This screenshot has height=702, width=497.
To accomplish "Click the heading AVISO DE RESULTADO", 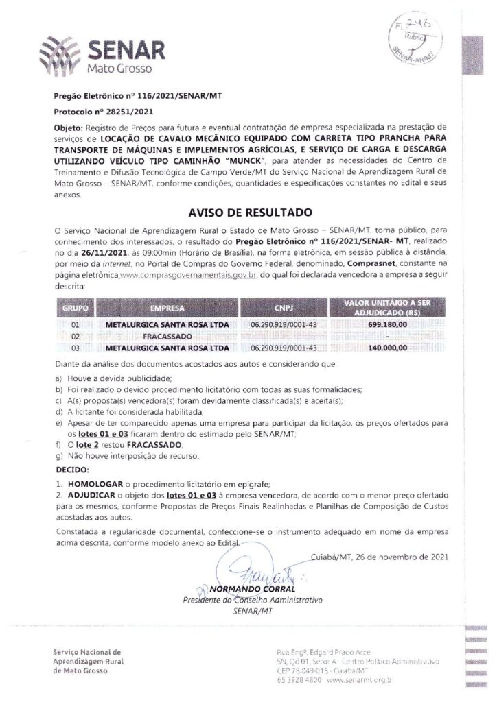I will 248,213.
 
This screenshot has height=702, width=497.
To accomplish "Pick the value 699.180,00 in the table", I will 388,324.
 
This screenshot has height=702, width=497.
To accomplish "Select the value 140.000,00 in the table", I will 388,348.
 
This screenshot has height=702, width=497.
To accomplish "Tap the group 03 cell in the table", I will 76,348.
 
